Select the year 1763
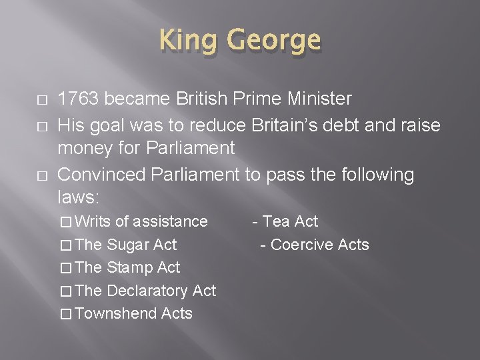[x=79, y=99]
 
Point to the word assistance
[x=171, y=221]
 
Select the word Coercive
[x=302, y=245]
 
